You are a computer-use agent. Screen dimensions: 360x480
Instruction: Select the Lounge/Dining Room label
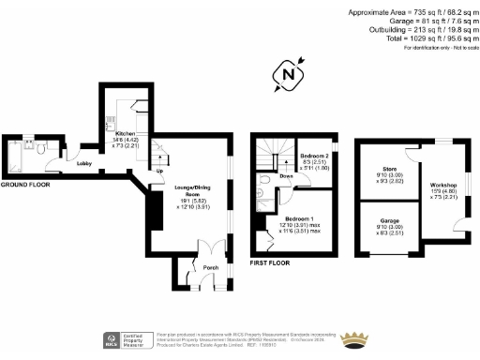coord(189,187)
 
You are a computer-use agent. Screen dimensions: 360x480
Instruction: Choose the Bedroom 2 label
coord(315,156)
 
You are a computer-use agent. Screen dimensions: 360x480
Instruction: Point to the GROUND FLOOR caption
coord(25,186)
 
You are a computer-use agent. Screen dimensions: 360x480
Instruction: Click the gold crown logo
coord(356,339)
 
